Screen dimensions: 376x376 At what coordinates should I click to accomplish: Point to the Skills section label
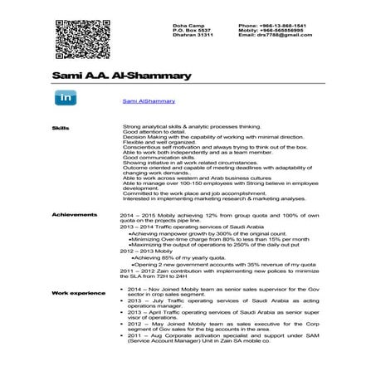tap(60, 129)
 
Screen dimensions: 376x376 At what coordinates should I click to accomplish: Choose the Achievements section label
tap(74, 214)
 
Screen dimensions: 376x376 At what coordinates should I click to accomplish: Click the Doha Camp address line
tap(188, 26)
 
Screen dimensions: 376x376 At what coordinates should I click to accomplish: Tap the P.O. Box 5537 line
tap(192, 31)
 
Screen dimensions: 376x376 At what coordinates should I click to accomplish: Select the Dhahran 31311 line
tap(193, 36)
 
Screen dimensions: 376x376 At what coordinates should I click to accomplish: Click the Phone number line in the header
tap(271, 26)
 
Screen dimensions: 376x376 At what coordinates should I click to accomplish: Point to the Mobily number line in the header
tap(271, 31)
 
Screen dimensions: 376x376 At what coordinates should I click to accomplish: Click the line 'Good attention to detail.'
tap(154, 133)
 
